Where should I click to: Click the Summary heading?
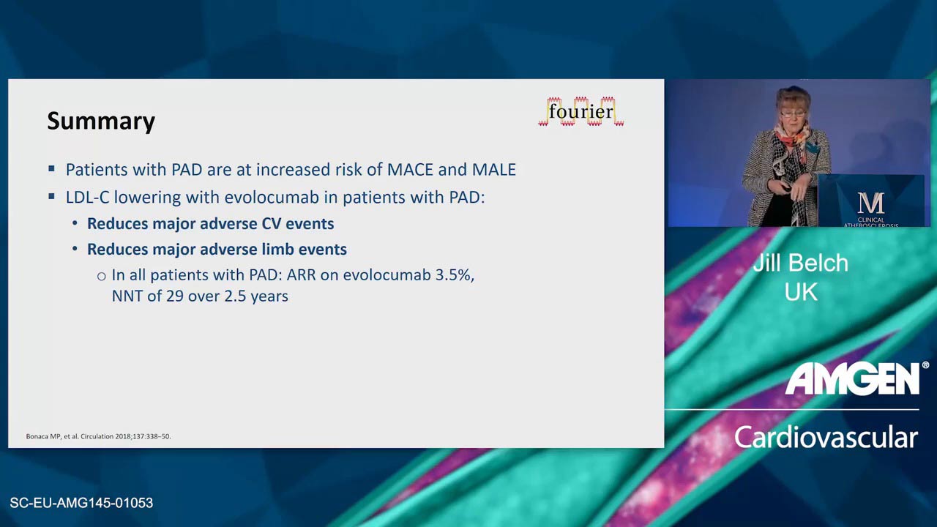[x=101, y=122]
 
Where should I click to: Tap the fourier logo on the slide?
[x=581, y=112]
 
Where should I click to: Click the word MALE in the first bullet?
[x=494, y=169]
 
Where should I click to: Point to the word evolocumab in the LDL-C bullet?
[x=272, y=197]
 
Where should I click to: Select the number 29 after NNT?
[x=175, y=296]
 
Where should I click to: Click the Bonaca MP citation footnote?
[x=98, y=436]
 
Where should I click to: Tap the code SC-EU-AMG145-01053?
[x=81, y=502]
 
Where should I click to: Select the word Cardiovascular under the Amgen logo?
[x=826, y=438]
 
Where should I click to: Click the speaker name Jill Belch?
[x=801, y=263]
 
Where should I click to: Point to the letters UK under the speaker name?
[x=801, y=292]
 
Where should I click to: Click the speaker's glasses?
[x=792, y=113]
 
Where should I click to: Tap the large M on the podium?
[x=871, y=203]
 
